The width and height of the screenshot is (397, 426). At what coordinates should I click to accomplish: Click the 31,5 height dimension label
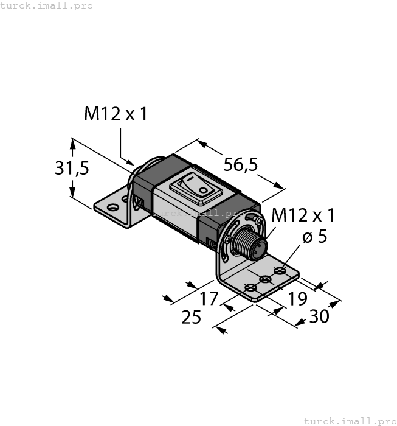(x=72, y=168)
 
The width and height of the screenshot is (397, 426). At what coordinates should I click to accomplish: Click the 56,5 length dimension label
(x=241, y=164)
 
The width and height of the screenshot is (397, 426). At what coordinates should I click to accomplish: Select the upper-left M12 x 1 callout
(x=115, y=114)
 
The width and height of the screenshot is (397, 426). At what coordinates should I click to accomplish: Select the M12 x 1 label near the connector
(x=303, y=215)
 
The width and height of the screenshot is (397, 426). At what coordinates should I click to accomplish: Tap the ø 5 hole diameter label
(x=314, y=237)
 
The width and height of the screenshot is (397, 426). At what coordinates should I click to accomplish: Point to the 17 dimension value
(x=209, y=299)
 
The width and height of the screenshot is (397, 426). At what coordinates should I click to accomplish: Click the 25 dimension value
(x=192, y=317)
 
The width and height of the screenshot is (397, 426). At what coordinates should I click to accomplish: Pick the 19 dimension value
(x=297, y=298)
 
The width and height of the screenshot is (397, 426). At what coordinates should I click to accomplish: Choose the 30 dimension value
(x=320, y=316)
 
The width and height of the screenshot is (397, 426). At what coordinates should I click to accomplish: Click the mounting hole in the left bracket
(x=113, y=207)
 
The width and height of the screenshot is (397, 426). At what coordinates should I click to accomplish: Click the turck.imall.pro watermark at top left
(x=47, y=5)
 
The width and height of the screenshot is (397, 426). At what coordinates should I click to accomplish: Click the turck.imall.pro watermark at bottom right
(x=349, y=421)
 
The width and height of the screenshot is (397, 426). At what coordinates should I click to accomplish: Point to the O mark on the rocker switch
(x=203, y=190)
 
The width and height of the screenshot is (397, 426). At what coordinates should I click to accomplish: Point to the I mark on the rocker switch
(x=189, y=180)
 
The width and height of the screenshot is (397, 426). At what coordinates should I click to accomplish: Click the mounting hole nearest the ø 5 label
(x=280, y=270)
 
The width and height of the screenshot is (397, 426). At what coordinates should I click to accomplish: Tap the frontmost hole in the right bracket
(x=249, y=288)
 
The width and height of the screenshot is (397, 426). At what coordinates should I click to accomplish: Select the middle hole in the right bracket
(x=264, y=279)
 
